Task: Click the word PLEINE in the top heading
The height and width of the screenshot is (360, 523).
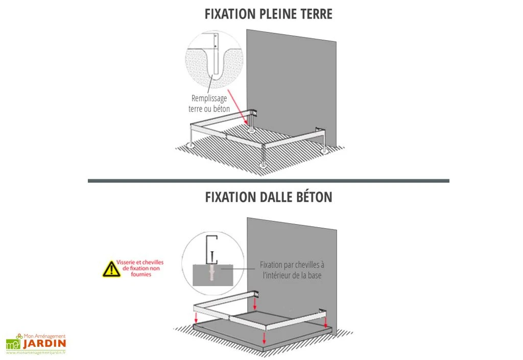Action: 279,14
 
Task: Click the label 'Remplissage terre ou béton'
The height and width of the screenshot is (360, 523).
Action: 209,103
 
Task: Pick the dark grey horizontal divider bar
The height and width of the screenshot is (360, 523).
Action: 268,180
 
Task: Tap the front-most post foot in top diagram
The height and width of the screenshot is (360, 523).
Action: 263,164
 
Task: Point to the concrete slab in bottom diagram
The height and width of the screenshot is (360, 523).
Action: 286,334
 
